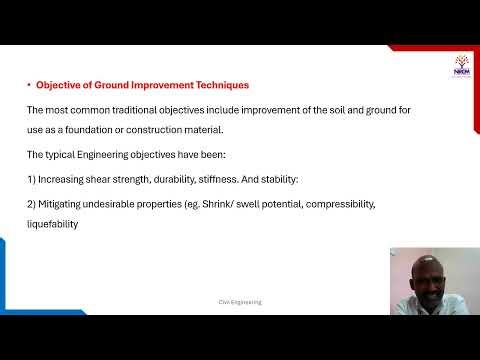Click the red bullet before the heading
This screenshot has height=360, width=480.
pos(28,85)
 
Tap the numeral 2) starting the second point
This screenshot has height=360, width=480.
pos(31,203)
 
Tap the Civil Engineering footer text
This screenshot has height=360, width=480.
pos(240,301)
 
